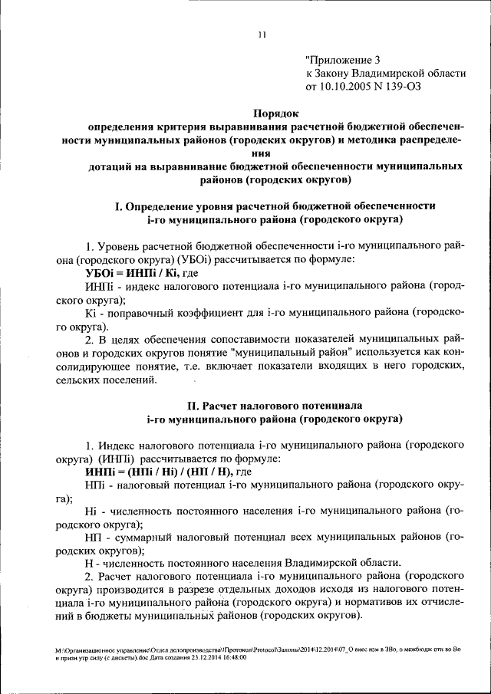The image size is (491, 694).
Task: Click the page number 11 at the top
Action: (261, 34)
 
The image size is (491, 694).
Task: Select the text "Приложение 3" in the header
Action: (342, 59)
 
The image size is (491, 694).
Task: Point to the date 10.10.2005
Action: (346, 87)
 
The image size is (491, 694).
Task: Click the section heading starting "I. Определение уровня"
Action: (275, 206)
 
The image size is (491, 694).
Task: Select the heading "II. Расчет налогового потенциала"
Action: (275, 403)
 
